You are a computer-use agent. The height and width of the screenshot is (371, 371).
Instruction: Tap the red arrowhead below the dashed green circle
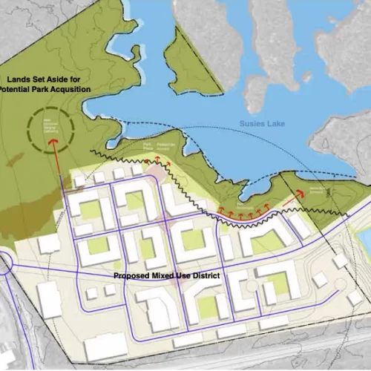point(53,141)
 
